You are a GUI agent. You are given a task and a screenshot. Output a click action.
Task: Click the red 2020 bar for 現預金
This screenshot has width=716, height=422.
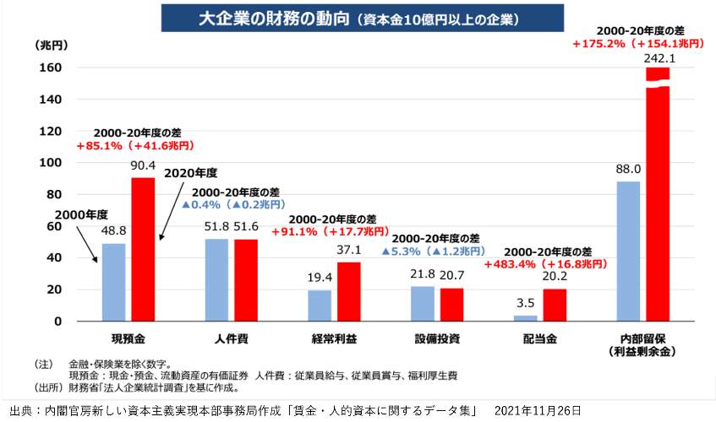[143, 249]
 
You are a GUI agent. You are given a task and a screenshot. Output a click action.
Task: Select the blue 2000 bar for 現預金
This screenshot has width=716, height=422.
[113, 282]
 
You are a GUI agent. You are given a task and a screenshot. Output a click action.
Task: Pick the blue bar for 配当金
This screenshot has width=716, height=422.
[525, 317]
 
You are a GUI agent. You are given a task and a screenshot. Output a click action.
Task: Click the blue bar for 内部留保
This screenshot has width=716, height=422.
[628, 251]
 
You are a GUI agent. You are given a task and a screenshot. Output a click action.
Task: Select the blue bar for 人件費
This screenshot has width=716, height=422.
[216, 279]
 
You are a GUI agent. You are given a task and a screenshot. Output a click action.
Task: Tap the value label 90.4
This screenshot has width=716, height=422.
[143, 168]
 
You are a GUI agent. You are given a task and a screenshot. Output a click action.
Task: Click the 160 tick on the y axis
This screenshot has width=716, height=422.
[50, 68]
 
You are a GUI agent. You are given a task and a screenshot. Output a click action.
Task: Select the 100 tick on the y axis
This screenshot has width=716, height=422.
[50, 163]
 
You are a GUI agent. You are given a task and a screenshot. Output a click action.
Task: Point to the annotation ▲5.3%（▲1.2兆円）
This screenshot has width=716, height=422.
[434, 252]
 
